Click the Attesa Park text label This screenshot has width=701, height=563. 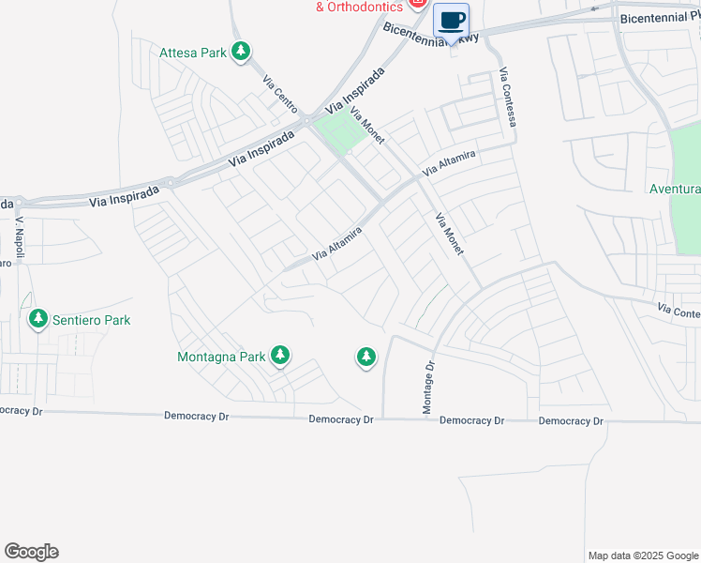click(x=193, y=53)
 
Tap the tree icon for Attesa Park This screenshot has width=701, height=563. click(x=242, y=52)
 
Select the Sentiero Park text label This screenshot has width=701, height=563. click(x=91, y=320)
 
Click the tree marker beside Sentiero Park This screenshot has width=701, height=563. click(x=38, y=320)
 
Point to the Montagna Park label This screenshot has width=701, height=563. click(x=221, y=357)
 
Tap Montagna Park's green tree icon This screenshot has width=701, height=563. click(x=279, y=356)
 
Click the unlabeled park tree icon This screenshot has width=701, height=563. click(x=365, y=357)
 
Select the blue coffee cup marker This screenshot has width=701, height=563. click(x=451, y=20)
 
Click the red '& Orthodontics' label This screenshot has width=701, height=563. click(x=358, y=7)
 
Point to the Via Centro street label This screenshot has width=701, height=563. click(x=280, y=92)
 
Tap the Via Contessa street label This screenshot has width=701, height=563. click(x=508, y=98)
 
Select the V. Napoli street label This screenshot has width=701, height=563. click(x=19, y=239)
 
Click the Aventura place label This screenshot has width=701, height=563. click(x=675, y=189)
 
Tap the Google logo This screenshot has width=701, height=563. click(x=31, y=552)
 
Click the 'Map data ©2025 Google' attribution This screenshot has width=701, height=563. click(x=642, y=555)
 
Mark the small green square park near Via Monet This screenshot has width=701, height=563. click(x=334, y=132)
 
